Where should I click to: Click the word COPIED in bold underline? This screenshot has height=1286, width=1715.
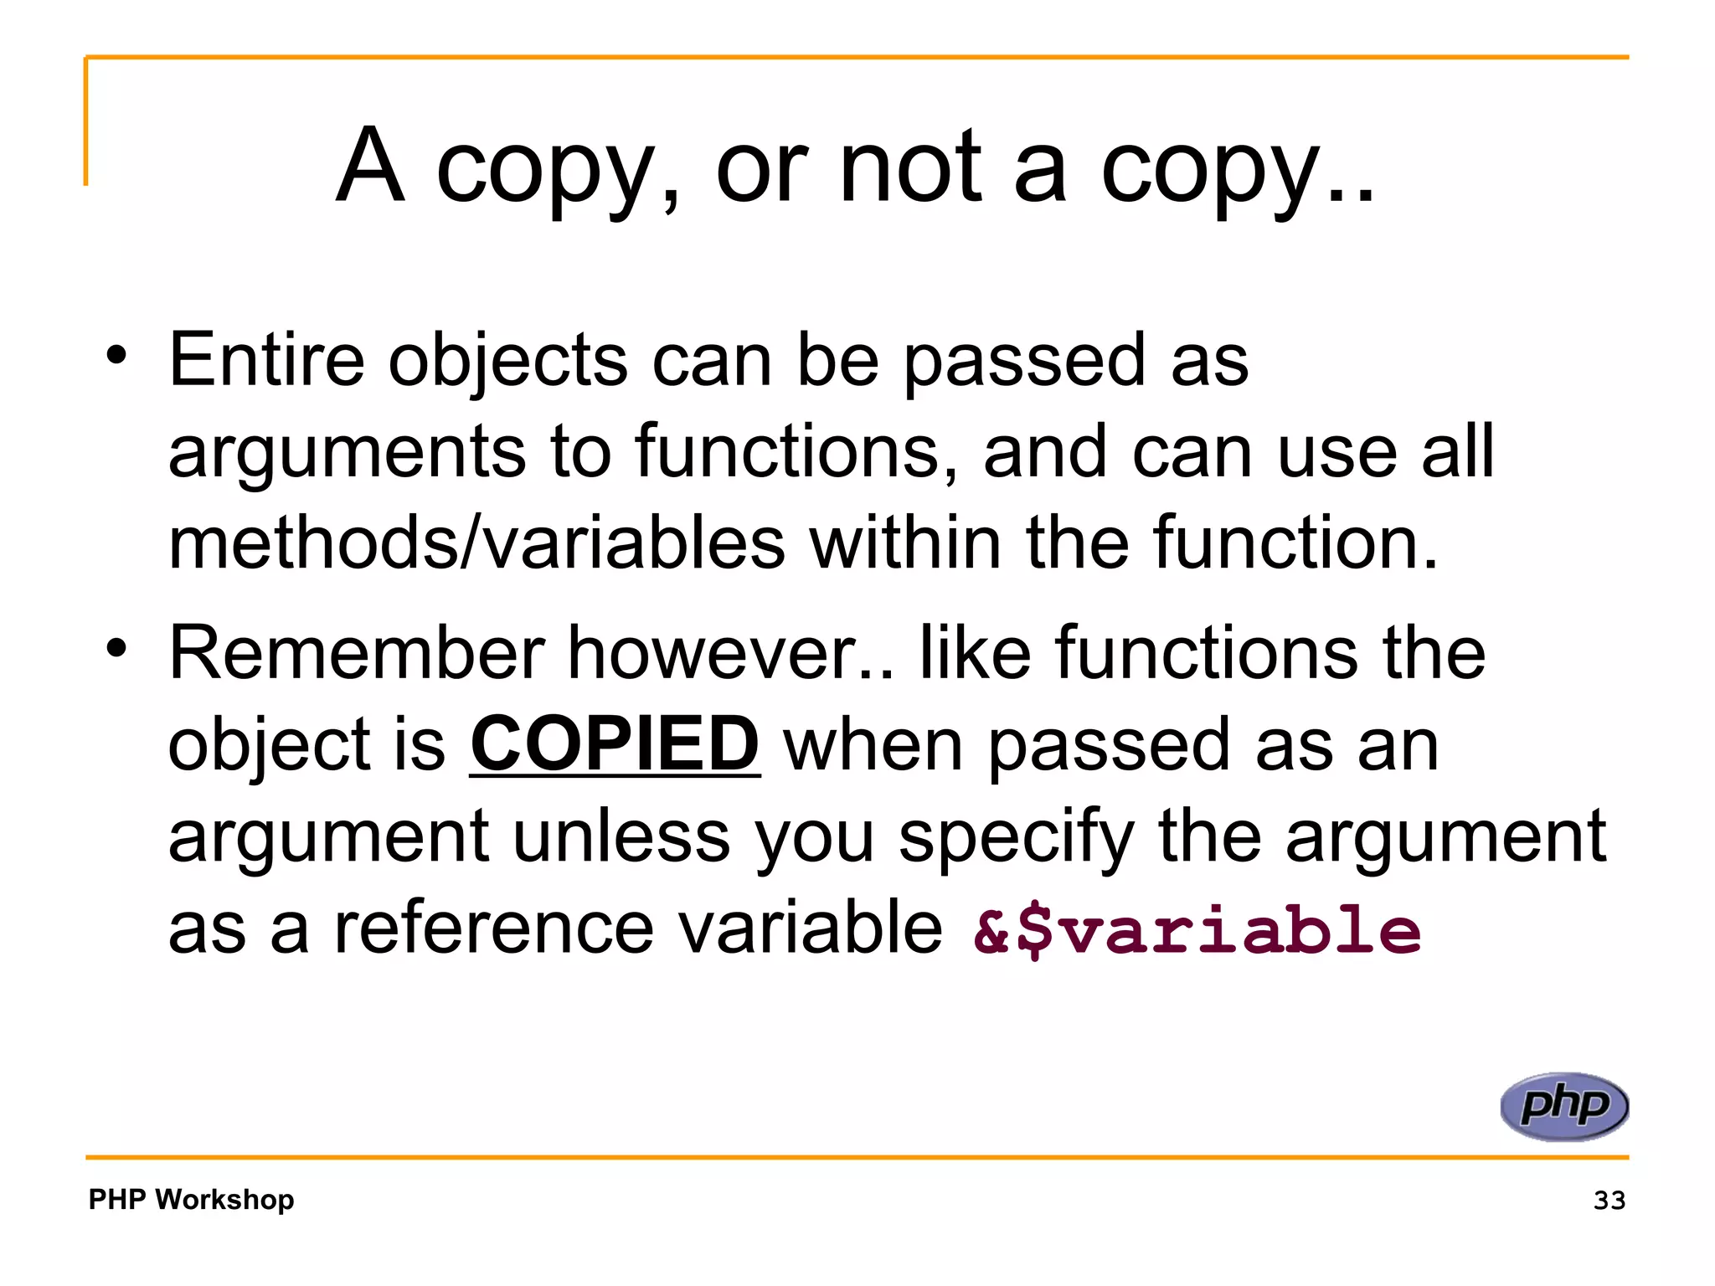click(x=615, y=744)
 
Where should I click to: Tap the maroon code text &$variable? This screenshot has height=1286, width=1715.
click(x=1197, y=930)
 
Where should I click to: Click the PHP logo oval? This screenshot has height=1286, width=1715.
click(x=1564, y=1106)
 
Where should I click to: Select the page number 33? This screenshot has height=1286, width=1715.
click(x=1609, y=1200)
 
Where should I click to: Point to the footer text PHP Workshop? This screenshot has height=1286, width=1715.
click(x=191, y=1199)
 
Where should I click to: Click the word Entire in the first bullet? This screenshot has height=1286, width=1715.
click(x=266, y=359)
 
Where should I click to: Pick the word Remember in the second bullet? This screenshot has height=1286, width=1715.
click(x=357, y=652)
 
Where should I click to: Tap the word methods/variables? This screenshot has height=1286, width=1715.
click(x=476, y=543)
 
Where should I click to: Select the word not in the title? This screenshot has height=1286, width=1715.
click(x=909, y=167)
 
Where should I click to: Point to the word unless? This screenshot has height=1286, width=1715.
click(x=621, y=836)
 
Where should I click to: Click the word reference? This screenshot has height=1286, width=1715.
click(x=493, y=928)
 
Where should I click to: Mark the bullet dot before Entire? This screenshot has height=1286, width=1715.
click(x=116, y=355)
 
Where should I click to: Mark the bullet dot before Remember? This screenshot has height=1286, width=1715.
click(x=116, y=647)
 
